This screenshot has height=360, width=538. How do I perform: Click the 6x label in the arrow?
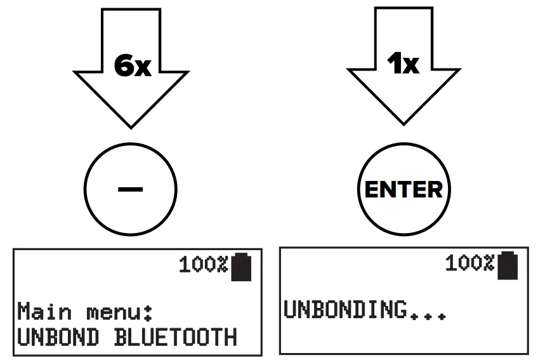[133, 65]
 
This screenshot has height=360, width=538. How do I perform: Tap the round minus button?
[130, 189]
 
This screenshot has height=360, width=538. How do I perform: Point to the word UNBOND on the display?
[58, 337]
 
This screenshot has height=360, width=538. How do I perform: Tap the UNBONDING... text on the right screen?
[364, 310]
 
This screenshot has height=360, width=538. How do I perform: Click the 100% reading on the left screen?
[202, 265]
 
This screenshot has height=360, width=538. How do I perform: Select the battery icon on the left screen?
[241, 266]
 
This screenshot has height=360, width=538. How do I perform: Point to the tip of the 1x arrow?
[403, 123]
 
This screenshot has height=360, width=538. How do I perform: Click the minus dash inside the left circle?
[130, 189]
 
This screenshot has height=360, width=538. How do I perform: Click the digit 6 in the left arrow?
[124, 65]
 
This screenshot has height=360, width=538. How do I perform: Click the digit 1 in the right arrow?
[394, 63]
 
